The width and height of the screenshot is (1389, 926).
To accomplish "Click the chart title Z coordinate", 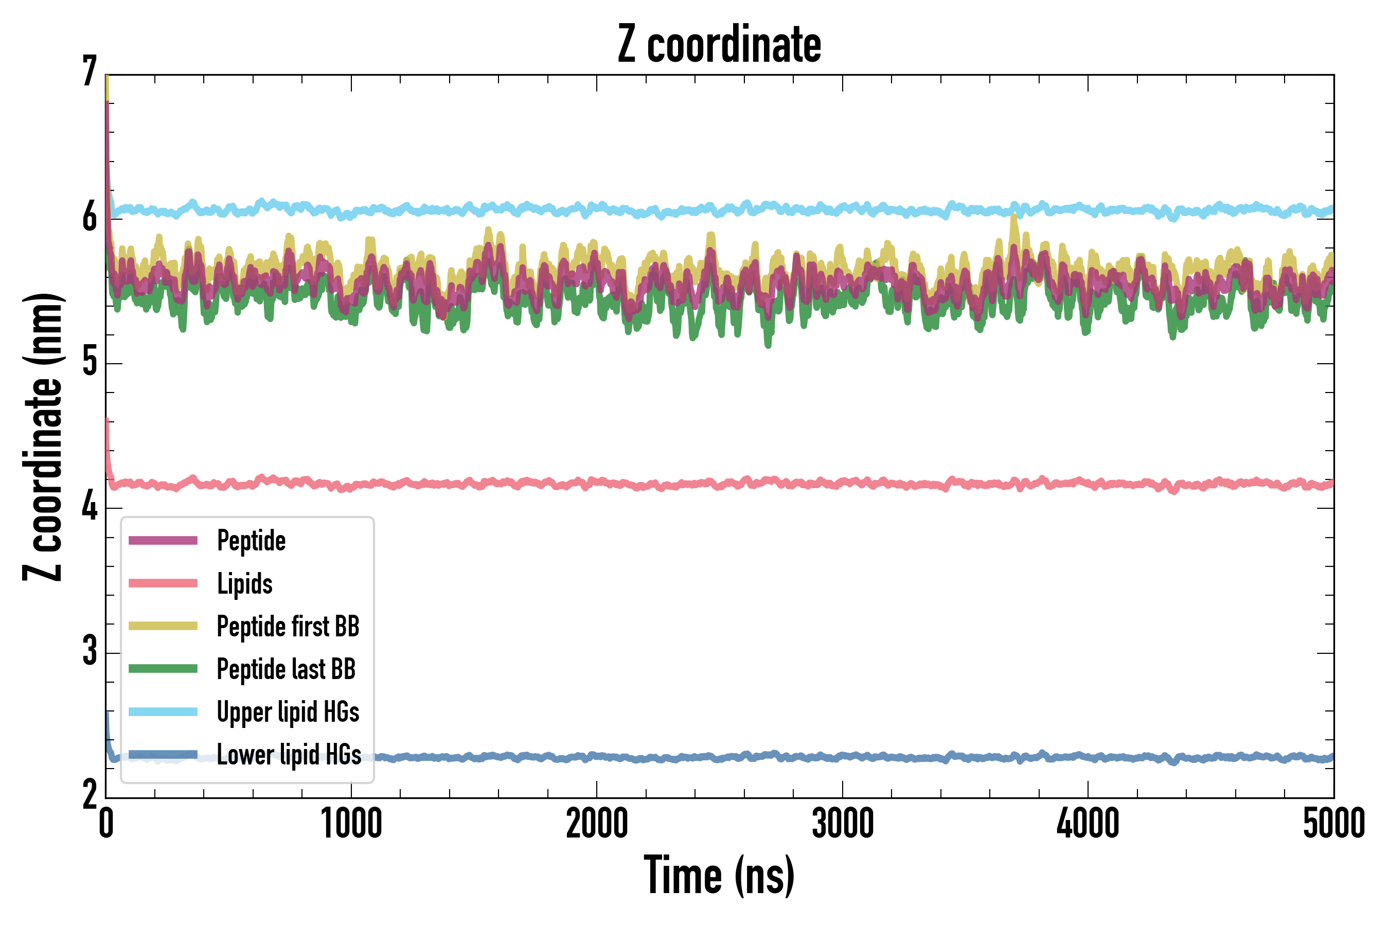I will pos(719,45).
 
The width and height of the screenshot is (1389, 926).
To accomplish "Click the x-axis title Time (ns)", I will pos(719,875).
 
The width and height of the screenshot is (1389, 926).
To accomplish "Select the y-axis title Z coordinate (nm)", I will pos(43,437).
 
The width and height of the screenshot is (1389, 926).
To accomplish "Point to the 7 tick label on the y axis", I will pos(90,72).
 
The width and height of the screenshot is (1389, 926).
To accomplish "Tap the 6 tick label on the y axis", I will pos(90,217).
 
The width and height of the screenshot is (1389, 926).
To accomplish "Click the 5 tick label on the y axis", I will pos(90,362).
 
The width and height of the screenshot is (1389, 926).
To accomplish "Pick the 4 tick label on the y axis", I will pos(90,507).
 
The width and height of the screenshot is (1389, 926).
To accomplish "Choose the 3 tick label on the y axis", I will pos(90,651).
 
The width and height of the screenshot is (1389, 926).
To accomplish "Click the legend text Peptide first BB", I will pos(288,627).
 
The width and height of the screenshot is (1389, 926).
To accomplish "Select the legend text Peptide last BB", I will pos(287,669).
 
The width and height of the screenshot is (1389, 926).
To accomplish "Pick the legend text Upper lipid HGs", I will pos(288,711).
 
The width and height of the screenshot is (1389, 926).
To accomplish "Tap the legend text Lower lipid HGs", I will pos(289,755).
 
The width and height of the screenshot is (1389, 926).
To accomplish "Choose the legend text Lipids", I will pos(245,583).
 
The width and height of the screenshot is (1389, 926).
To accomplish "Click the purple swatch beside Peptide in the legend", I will pos(163,540).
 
